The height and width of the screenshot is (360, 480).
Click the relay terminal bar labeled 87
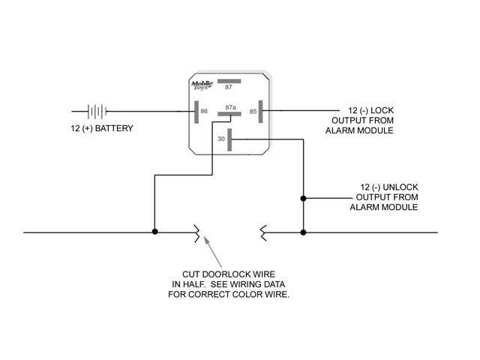click(x=229, y=81)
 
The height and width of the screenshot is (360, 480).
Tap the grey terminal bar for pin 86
click(x=196, y=112)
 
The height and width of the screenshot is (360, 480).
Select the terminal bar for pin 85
click(x=260, y=112)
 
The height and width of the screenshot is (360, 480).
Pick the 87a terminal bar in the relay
click(x=229, y=114)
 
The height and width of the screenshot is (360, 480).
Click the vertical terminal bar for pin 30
click(x=229, y=140)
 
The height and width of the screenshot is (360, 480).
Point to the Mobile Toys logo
click(x=202, y=85)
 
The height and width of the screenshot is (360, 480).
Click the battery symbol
click(x=97, y=112)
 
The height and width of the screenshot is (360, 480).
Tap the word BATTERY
click(x=114, y=128)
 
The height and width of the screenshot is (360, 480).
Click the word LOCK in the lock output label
click(x=382, y=110)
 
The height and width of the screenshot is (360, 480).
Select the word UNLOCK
click(x=400, y=187)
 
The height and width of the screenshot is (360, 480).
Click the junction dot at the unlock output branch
click(x=303, y=198)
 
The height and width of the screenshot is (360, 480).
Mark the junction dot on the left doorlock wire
click(x=155, y=232)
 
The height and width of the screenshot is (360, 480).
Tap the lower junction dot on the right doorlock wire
click(x=303, y=232)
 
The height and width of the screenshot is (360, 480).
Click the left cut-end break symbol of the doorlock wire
click(x=196, y=233)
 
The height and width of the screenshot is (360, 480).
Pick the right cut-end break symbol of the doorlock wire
click(x=263, y=233)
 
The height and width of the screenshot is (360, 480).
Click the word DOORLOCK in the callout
click(x=238, y=274)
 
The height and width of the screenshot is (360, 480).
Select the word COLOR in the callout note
click(x=252, y=295)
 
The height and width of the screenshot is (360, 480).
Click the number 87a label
click(x=230, y=107)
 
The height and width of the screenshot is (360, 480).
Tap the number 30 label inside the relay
click(x=221, y=139)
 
